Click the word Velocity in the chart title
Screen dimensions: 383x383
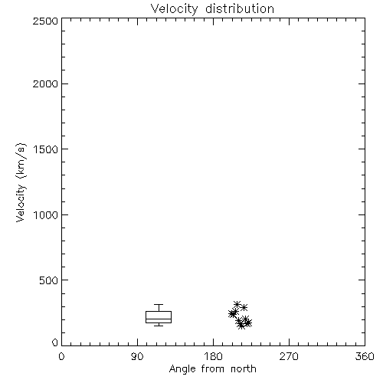coord(175,9)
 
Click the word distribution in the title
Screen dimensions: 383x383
coord(240,8)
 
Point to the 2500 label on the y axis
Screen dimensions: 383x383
coord(45,21)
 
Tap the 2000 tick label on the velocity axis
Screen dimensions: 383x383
coord(45,83)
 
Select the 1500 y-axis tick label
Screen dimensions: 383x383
coord(46,149)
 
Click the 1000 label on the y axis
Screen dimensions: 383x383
coord(46,214)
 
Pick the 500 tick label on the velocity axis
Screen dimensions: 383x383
coord(49,280)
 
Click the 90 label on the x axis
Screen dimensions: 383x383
coord(137,356)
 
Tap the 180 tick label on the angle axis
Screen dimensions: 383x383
coord(213,356)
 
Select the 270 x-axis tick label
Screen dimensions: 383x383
coord(289,356)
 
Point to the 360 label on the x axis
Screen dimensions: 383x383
coord(365,356)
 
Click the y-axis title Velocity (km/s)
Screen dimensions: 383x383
coord(21,182)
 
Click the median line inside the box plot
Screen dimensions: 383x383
coord(159,319)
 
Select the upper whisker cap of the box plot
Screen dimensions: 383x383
coord(159,304)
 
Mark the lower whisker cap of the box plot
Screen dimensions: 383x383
coord(159,326)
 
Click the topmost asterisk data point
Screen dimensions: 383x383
coord(237,304)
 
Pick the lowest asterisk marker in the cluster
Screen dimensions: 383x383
coord(241,326)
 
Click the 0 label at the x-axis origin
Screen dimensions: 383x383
coord(61,356)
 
